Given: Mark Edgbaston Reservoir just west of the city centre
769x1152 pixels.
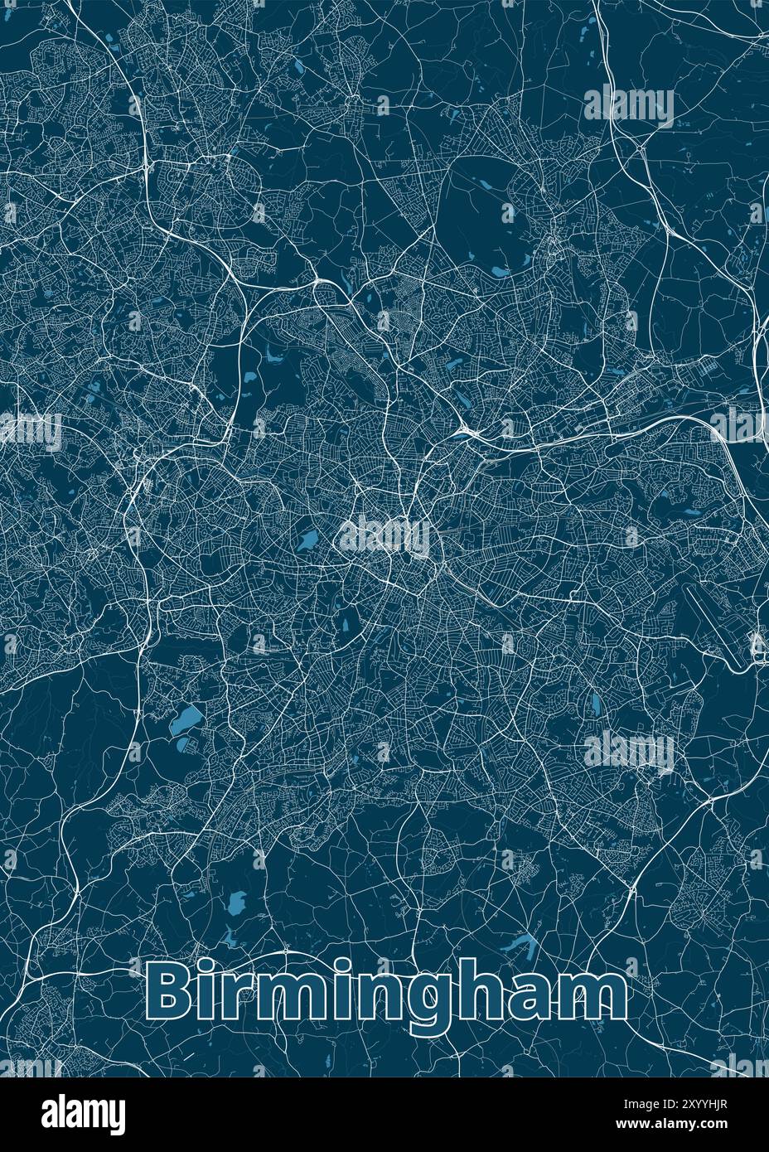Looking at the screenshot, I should (x=307, y=540).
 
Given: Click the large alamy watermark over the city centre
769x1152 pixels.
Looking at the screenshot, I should (x=384, y=537).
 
